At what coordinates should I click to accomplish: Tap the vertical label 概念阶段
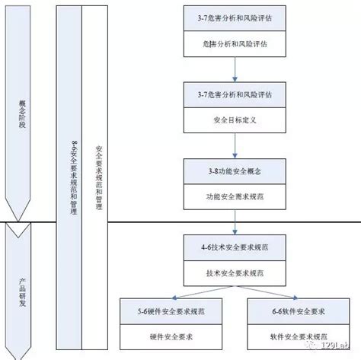21,114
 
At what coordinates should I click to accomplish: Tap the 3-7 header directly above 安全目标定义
235,94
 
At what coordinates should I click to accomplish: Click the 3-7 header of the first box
235,18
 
